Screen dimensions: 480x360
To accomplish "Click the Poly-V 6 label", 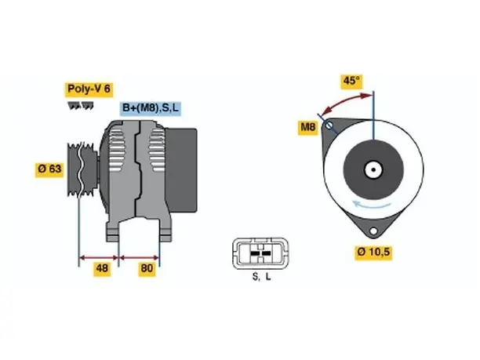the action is click(89, 89).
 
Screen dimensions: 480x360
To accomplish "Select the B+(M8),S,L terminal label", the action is click(151, 108).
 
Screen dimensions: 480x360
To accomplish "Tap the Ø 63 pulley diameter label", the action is click(49, 169).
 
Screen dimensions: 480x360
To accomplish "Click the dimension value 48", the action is click(102, 268).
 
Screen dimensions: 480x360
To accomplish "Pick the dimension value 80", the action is click(147, 268).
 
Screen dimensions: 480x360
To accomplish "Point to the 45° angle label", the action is click(351, 81).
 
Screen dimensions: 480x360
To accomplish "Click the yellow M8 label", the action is click(307, 126).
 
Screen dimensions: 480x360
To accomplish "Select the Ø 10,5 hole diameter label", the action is click(373, 252).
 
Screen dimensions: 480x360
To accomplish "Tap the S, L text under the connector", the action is click(262, 277).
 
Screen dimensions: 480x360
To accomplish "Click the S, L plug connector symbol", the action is click(260, 254).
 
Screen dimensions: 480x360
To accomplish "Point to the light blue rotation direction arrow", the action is click(371, 204).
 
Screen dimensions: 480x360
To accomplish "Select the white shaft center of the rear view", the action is click(373, 170).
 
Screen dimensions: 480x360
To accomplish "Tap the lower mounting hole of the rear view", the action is click(373, 231).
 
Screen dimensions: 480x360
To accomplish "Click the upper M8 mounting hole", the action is click(329, 125).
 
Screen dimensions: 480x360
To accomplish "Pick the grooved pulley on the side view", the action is click(82, 169).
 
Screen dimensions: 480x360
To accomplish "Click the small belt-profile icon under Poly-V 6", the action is click(80, 106).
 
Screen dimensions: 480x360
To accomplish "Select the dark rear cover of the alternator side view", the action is click(181, 170).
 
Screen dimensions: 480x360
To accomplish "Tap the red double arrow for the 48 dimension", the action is click(99, 257).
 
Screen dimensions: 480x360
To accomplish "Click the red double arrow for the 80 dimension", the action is click(139, 257).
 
